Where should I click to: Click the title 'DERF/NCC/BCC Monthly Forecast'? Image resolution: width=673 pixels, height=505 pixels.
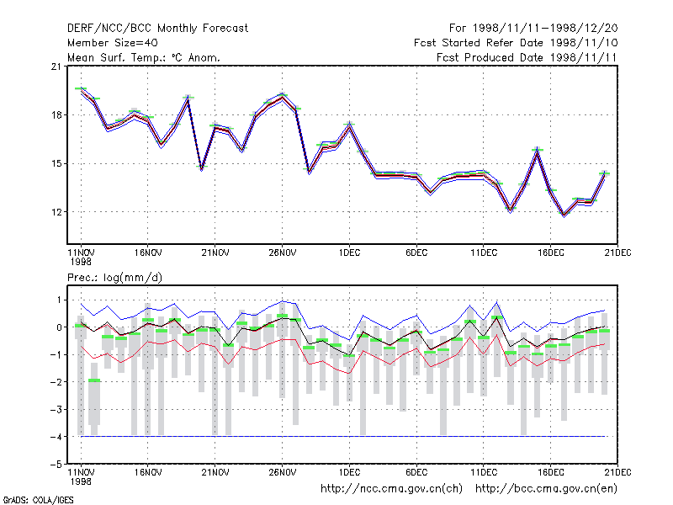click(157, 29)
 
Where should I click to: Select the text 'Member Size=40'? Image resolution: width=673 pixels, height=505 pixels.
click(113, 43)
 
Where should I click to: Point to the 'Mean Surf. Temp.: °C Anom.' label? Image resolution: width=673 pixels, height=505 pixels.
click(144, 57)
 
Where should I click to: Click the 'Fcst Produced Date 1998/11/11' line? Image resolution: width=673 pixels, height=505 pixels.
click(527, 57)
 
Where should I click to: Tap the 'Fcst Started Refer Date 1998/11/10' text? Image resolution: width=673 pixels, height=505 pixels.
click(516, 43)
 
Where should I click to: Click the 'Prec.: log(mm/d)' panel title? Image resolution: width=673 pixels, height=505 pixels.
click(114, 278)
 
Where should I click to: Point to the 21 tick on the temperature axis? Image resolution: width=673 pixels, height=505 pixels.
click(56, 66)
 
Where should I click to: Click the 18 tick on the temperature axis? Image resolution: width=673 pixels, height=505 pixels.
click(56, 115)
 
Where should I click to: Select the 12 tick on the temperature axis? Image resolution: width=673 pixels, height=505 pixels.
click(56, 212)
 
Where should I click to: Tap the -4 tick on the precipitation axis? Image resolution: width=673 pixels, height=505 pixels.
click(56, 437)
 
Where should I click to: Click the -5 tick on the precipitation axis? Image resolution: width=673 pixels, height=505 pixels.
click(56, 465)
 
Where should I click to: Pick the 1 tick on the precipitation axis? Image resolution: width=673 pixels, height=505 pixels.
click(59, 300)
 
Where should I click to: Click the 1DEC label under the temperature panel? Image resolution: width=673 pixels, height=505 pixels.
click(349, 253)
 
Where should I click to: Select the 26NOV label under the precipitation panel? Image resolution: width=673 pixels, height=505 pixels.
click(283, 472)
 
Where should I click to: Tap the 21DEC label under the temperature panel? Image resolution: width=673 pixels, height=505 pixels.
click(617, 253)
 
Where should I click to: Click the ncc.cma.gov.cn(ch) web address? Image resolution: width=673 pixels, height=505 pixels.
click(391, 489)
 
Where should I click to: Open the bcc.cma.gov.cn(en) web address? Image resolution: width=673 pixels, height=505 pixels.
click(546, 489)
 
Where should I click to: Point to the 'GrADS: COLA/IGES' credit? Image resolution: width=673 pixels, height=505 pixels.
click(38, 500)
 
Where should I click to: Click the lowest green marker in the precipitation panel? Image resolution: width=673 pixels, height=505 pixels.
click(94, 380)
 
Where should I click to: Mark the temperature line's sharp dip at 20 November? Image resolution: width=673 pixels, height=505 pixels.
click(201, 167)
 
